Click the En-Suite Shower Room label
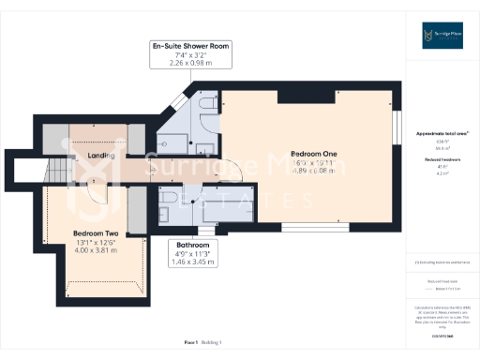point(190,46)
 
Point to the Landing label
point(101,156)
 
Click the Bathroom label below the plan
point(191,246)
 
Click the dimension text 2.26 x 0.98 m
point(190,64)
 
